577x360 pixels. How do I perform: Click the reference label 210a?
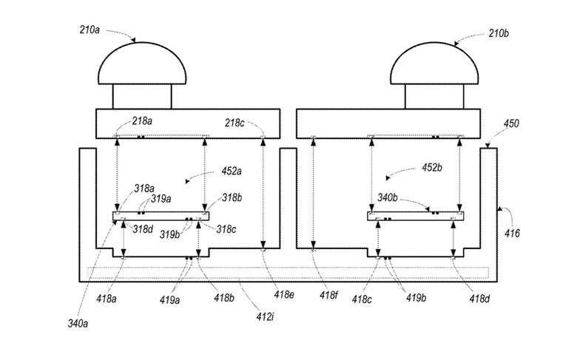click(90, 30)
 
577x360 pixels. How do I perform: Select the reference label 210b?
click(499, 33)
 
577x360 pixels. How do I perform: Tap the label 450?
click(511, 123)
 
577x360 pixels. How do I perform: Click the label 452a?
click(232, 171)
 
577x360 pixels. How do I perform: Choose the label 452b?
click(432, 168)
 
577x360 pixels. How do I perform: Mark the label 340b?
click(388, 198)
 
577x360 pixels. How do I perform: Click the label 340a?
click(78, 324)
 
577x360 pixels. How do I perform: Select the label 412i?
click(265, 316)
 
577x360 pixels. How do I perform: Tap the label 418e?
click(284, 294)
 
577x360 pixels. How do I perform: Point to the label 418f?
click(328, 295)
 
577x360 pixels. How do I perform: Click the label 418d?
click(479, 299)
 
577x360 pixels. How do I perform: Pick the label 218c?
click(234, 123)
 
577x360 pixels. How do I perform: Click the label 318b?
click(232, 198)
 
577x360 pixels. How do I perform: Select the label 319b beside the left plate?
click(169, 234)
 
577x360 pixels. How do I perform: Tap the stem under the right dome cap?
click(434, 97)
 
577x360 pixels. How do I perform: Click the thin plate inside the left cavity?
click(161, 216)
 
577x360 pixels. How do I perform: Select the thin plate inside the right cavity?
click(416, 216)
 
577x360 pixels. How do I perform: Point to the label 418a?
click(107, 299)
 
